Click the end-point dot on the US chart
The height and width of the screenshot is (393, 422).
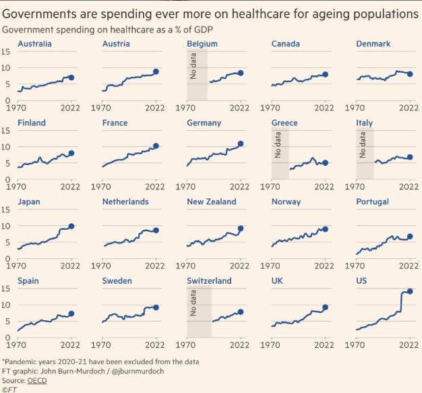pyautogui.click(x=409, y=291)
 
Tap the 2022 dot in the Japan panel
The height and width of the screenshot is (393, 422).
pyautogui.click(x=71, y=226)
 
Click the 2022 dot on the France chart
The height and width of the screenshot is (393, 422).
pyautogui.click(x=156, y=146)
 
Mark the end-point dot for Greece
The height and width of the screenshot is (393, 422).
pyautogui.click(x=325, y=162)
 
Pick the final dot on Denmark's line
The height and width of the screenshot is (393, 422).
pyautogui.click(x=409, y=74)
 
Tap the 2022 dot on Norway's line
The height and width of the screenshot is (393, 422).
pyautogui.click(x=325, y=229)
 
